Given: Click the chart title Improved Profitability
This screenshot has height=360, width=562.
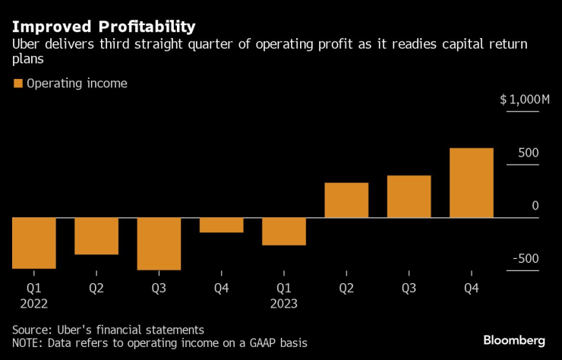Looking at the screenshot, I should click(x=103, y=27).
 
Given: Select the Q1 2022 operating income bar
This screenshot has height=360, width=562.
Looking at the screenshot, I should click(x=34, y=243).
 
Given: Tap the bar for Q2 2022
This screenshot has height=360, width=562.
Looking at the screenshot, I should click(x=96, y=236).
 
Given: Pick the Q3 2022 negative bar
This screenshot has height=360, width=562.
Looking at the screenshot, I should click(x=159, y=244).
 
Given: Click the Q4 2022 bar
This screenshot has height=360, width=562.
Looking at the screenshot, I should click(x=221, y=225).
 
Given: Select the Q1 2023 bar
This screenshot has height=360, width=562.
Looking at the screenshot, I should click(x=283, y=232).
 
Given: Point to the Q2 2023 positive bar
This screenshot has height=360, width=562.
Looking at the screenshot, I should click(x=346, y=201).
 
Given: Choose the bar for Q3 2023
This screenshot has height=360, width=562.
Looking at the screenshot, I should click(x=409, y=197).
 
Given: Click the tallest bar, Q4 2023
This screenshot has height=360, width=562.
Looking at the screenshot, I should click(x=471, y=183).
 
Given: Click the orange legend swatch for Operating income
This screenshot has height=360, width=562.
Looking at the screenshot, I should click(x=17, y=84).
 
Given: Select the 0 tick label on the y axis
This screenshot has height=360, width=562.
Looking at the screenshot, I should click(x=535, y=206).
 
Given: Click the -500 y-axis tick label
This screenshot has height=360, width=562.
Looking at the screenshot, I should click(x=525, y=259).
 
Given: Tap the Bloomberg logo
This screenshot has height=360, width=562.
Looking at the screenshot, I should click(x=514, y=339).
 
